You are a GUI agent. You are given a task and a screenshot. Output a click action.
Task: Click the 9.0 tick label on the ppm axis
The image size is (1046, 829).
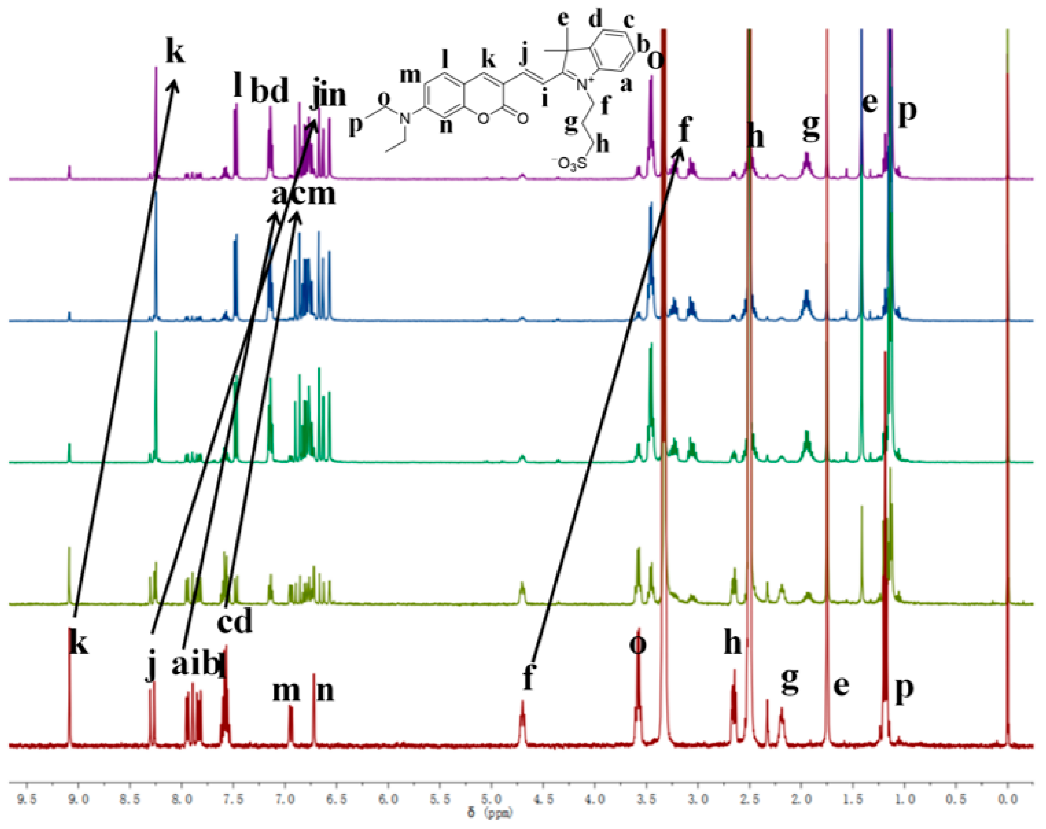click(x=79, y=799)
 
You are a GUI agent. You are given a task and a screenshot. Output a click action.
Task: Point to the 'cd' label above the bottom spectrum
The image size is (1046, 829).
click(x=235, y=621)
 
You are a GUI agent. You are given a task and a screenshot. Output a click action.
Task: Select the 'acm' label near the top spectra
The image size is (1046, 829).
click(x=303, y=194)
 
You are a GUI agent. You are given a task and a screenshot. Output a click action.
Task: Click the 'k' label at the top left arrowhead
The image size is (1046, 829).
click(x=175, y=51)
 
